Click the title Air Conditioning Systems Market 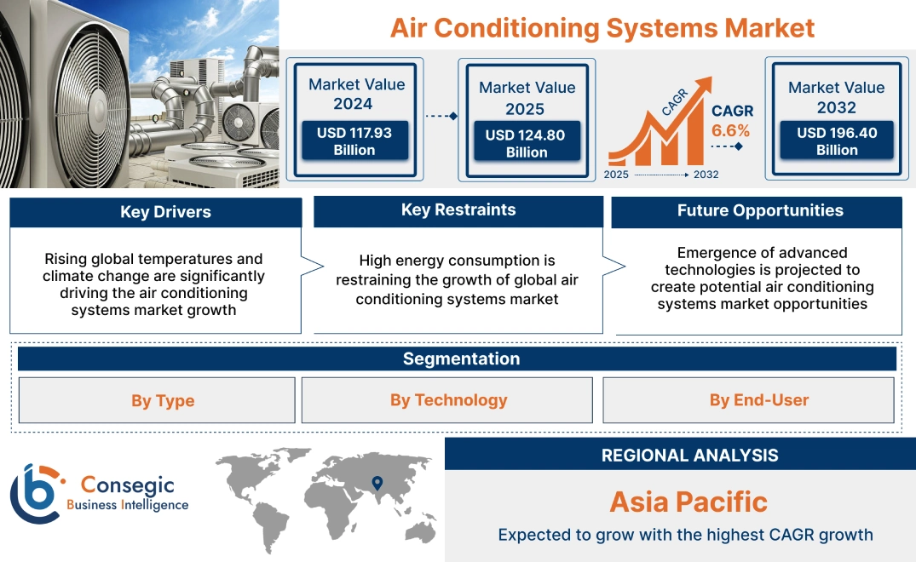coord(602,27)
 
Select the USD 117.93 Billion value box coord(354,140)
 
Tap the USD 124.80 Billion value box coord(526,143)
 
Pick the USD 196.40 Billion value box coord(836,140)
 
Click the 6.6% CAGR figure coord(731,130)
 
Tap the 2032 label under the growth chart coord(706,175)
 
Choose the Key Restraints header coord(458,210)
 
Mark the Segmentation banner coord(461,358)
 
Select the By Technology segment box coord(448,400)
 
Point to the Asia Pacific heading coord(688,502)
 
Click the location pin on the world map coord(377,484)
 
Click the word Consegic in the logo coord(127,485)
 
